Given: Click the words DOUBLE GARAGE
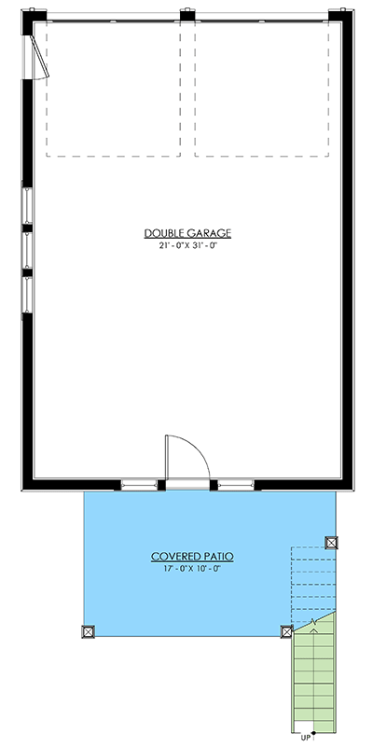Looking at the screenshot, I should (x=187, y=232).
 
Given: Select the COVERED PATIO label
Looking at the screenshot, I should (x=192, y=557).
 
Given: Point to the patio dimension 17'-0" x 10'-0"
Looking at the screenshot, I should (x=192, y=568).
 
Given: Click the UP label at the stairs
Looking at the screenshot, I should (x=306, y=736).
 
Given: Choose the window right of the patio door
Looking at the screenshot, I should (x=235, y=484).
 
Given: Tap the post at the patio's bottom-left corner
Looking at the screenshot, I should (x=89, y=630).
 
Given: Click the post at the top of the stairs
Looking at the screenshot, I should (x=331, y=542).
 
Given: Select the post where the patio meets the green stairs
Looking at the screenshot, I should (x=286, y=630).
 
